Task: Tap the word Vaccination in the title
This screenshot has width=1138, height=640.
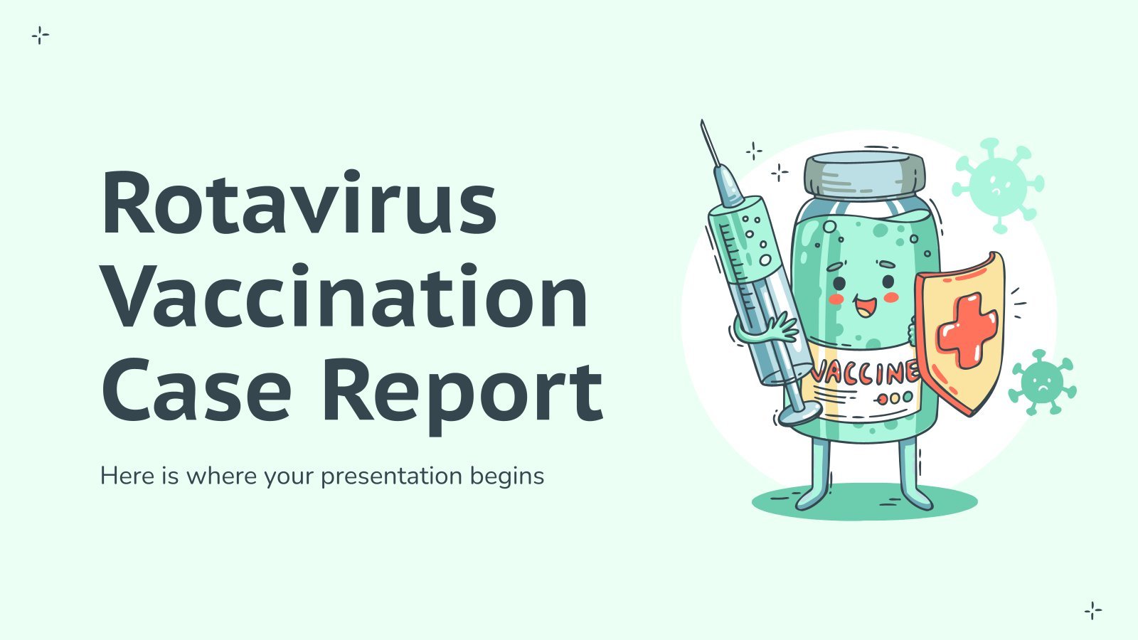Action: (345, 296)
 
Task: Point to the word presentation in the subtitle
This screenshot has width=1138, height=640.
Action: (391, 477)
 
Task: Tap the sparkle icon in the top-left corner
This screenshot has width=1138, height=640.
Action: (40, 36)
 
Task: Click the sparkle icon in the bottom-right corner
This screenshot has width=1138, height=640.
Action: (1092, 611)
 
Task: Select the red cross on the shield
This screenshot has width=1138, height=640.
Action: (967, 330)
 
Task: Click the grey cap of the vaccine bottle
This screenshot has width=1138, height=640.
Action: (865, 176)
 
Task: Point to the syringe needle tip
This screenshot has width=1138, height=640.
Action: (701, 122)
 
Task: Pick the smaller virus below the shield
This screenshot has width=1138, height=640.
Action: (1042, 382)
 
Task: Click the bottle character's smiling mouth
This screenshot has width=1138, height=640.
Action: (863, 305)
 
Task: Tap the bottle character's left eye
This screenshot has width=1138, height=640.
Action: (839, 283)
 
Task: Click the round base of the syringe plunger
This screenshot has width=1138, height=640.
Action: (800, 412)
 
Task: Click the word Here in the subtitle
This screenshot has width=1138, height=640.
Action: (129, 476)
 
